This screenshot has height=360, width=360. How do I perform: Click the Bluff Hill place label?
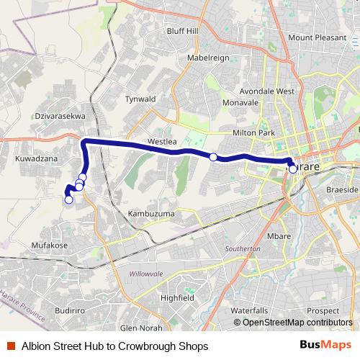pyautogui.click(x=181, y=31)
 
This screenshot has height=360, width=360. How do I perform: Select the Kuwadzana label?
pyautogui.click(x=35, y=156)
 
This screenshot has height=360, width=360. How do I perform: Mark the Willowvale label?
pyautogui.click(x=148, y=274)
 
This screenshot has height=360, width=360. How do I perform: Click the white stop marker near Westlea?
pyautogui.click(x=213, y=156)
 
